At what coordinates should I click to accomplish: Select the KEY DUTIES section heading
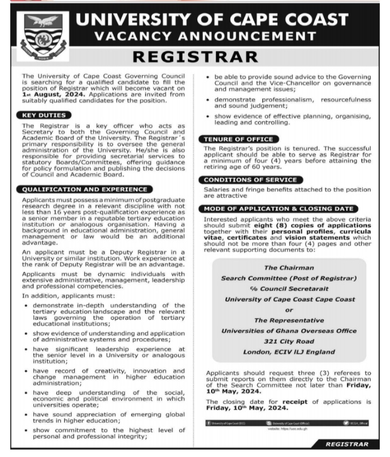[x=45, y=115]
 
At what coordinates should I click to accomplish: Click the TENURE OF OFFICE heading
[x=238, y=139]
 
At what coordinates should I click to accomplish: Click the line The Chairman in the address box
[x=289, y=268]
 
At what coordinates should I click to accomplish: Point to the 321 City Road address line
[x=289, y=341]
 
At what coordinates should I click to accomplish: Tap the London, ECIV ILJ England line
[x=289, y=352]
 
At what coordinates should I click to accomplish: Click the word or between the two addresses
[x=289, y=310]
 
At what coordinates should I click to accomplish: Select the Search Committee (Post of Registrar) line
[x=289, y=278]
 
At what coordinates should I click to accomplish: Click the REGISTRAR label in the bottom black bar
[x=347, y=444]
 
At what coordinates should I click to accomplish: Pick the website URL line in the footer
[x=288, y=428]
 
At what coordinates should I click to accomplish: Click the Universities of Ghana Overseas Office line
[x=289, y=331]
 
